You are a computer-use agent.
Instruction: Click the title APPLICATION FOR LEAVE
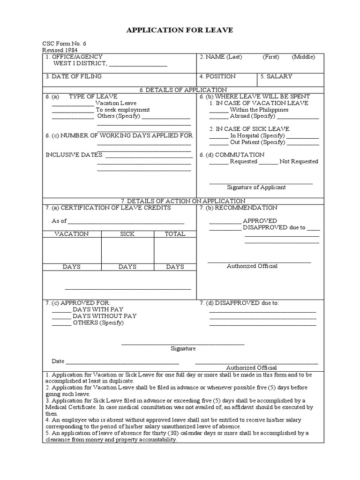pos(180,30)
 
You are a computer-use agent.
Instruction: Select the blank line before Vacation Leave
pos(73,104)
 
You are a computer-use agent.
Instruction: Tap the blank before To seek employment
pos(73,110)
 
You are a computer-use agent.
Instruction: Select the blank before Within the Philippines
pos(218,110)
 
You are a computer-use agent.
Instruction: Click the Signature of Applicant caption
pos(256,187)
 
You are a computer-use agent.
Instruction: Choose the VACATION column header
pos(71,234)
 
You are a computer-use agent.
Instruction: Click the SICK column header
pos(127,234)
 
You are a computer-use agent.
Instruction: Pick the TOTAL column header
pos(175,234)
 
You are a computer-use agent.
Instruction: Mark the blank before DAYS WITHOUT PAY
pos(61,316)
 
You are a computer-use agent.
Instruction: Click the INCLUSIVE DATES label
pos(74,155)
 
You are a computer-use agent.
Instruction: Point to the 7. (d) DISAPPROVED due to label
pos(239,303)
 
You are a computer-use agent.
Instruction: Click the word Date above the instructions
pos(58,361)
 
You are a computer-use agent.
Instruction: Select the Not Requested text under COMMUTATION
pos(299,161)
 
